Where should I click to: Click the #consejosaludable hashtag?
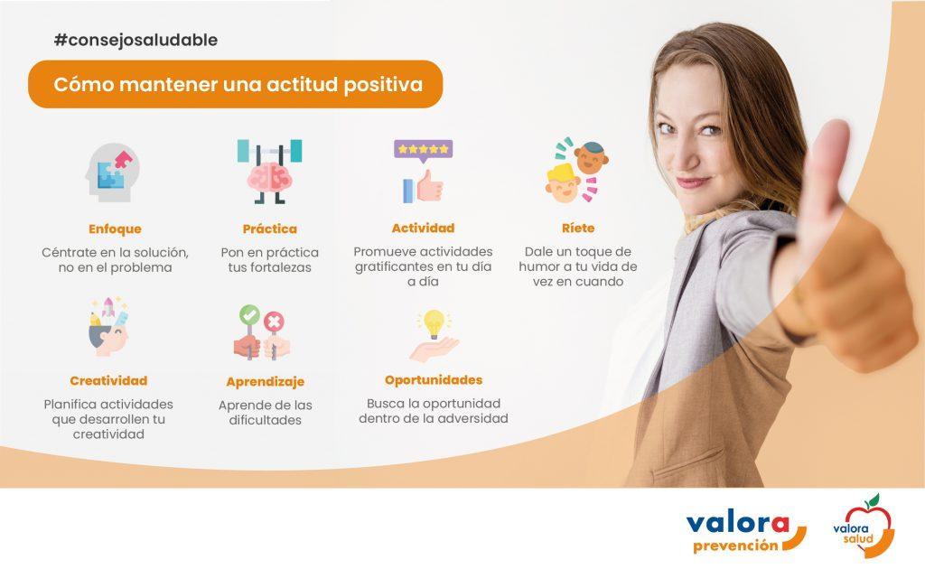tap(135, 40)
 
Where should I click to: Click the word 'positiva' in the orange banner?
tap(383, 85)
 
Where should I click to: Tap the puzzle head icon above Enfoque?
tap(112, 173)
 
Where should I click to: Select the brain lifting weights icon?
tap(269, 172)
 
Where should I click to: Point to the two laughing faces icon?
tap(576, 171)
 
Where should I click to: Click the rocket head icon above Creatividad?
tap(108, 327)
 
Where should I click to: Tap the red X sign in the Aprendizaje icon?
tap(274, 322)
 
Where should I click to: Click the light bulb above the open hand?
tap(434, 323)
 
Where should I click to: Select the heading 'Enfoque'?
tap(115, 229)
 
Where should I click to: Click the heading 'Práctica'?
tap(269, 229)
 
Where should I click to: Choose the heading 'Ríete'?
tap(578, 228)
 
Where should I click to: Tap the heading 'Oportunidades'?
tap(434, 380)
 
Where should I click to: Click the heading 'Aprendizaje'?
tap(266, 381)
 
